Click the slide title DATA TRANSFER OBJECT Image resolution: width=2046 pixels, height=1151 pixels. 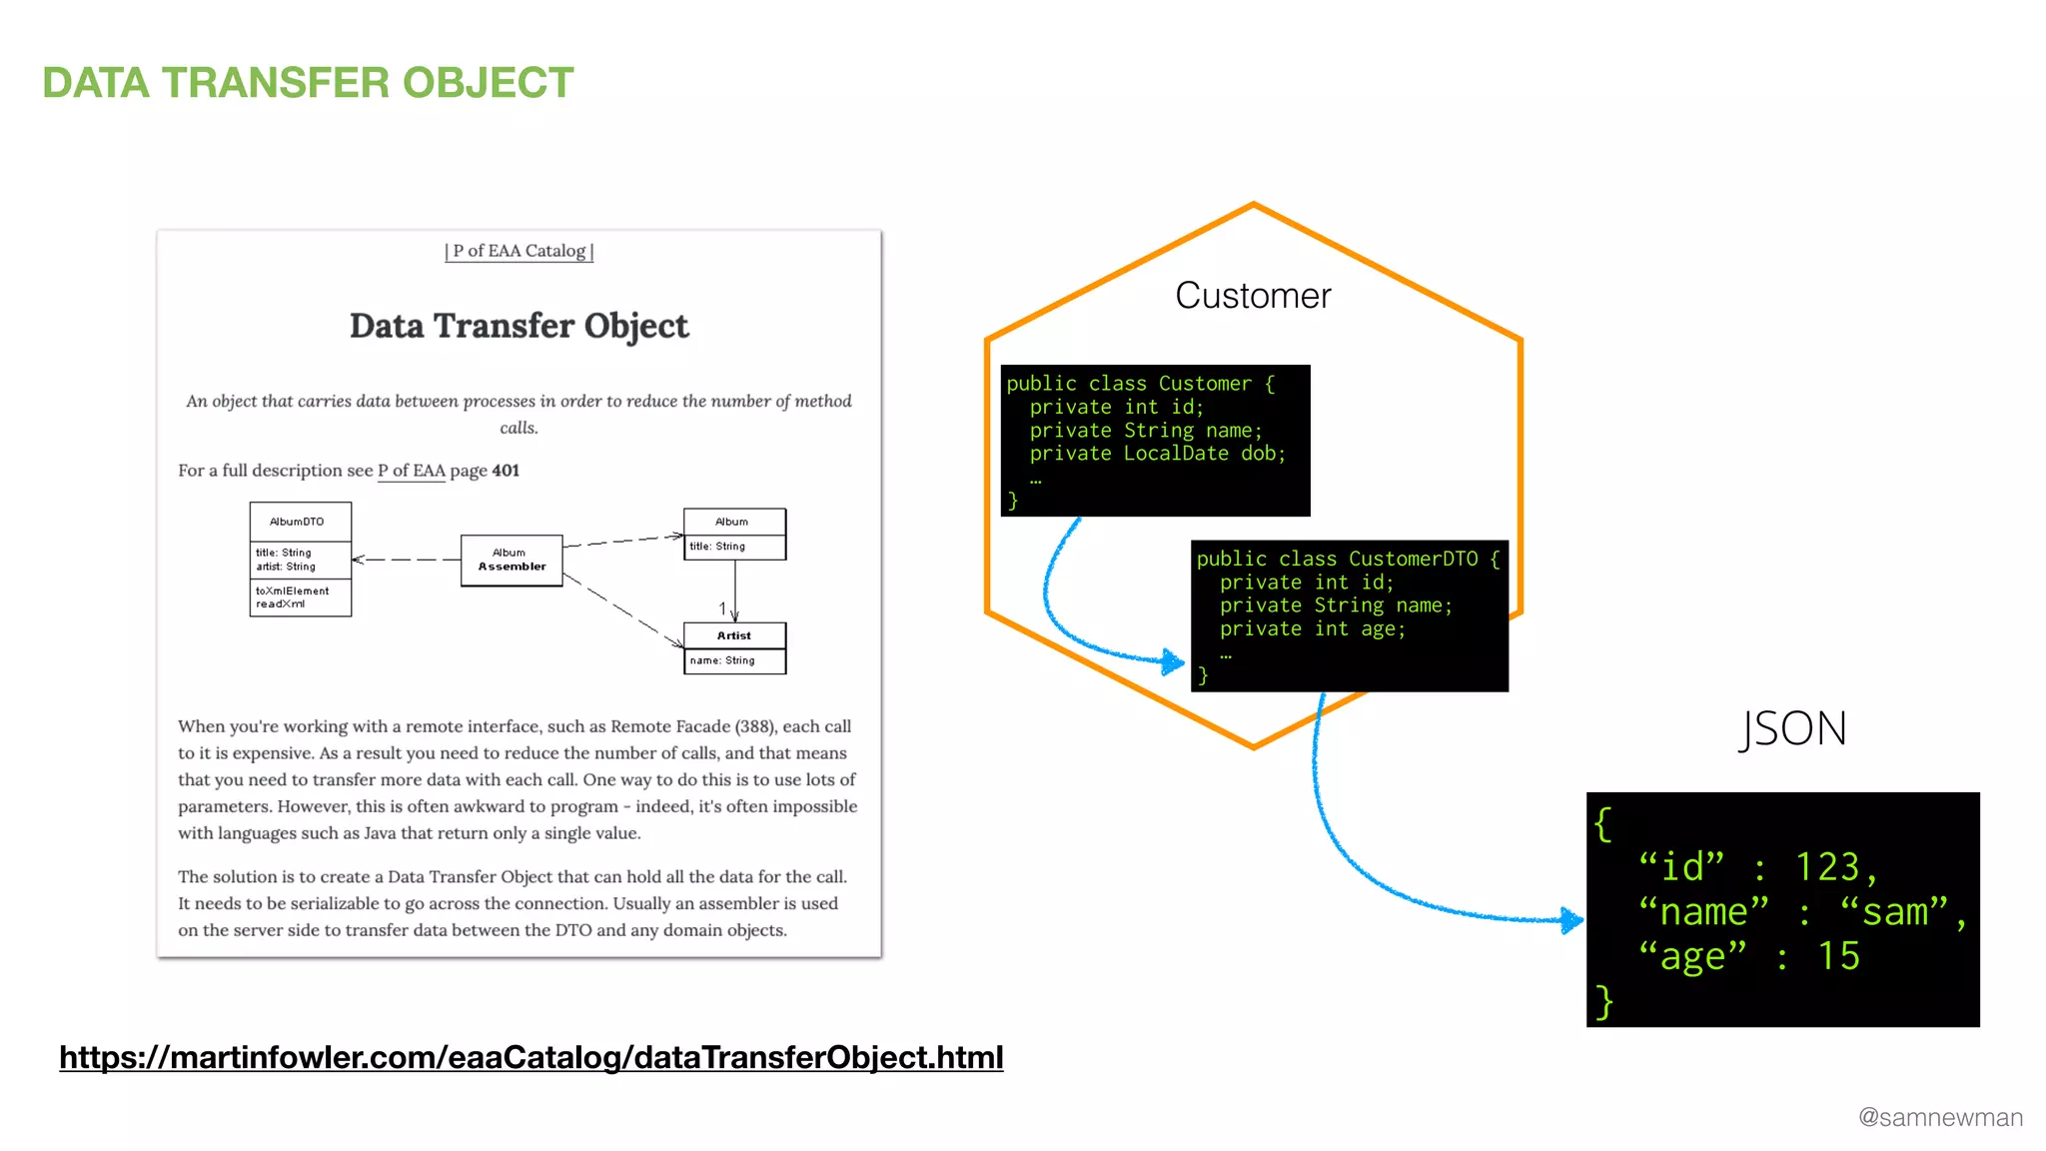(x=308, y=83)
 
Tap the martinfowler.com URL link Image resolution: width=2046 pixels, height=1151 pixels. (x=530, y=1057)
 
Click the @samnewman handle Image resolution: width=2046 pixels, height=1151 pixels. (x=1939, y=1117)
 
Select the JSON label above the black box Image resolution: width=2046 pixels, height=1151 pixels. (x=1792, y=728)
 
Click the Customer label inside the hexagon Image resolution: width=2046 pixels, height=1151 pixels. (x=1253, y=296)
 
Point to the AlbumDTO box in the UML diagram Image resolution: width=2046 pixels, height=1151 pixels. (x=300, y=559)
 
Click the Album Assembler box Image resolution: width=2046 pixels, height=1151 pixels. (x=511, y=560)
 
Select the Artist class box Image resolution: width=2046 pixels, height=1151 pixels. (x=734, y=647)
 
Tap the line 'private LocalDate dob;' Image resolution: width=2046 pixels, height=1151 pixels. (x=1157, y=454)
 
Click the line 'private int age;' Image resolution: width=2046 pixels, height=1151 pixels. (x=1312, y=629)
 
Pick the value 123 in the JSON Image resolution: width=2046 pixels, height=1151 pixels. (x=1827, y=867)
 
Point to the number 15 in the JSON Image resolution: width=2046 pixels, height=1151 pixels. (x=1838, y=956)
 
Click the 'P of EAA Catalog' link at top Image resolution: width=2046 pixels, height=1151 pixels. (x=518, y=251)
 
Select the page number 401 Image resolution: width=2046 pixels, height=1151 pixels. (x=506, y=471)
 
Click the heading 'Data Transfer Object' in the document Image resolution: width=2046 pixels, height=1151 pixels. (x=518, y=326)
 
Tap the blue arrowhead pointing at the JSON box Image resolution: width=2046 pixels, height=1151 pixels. (x=1571, y=919)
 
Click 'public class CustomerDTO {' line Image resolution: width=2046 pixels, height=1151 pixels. (x=1348, y=560)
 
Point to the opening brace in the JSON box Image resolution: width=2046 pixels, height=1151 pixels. (x=1602, y=824)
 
